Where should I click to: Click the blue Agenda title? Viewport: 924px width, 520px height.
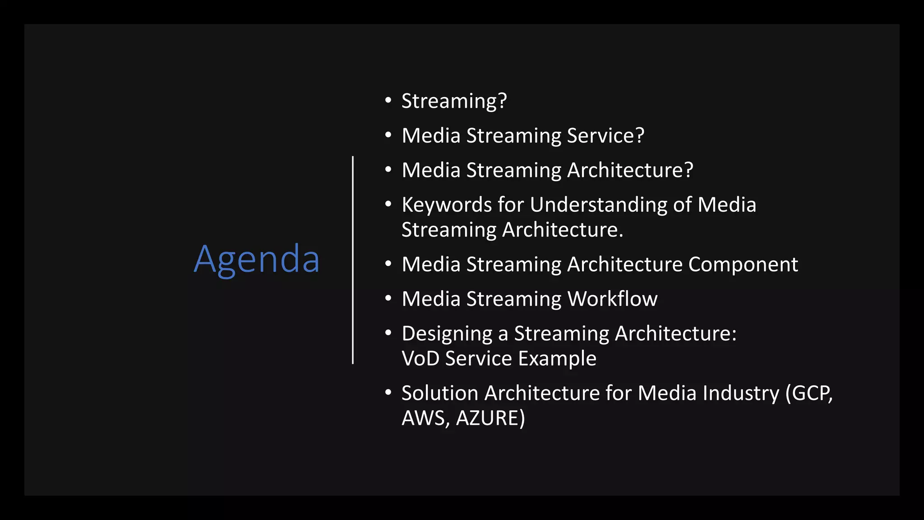(257, 259)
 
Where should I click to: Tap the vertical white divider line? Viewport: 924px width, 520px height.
(353, 260)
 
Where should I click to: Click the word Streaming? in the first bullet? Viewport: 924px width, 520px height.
(454, 101)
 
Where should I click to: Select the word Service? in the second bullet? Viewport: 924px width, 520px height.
(605, 136)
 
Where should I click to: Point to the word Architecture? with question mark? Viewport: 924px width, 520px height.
(630, 171)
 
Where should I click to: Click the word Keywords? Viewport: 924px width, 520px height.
(446, 205)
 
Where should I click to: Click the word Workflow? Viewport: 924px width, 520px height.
(612, 299)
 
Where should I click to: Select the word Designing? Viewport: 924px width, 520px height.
(447, 334)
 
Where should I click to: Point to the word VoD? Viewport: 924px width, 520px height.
(420, 359)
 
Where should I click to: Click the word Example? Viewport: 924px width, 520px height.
(557, 359)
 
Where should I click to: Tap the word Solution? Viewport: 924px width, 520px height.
(440, 393)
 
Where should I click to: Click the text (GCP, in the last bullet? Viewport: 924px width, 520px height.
(809, 393)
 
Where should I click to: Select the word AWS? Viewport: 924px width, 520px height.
(425, 418)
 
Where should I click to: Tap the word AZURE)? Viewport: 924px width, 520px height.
(490, 418)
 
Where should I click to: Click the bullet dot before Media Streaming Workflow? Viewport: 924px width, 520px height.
(388, 298)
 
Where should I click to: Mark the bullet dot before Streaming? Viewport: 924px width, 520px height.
(388, 100)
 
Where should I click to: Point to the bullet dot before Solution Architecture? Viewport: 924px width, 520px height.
(388, 392)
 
